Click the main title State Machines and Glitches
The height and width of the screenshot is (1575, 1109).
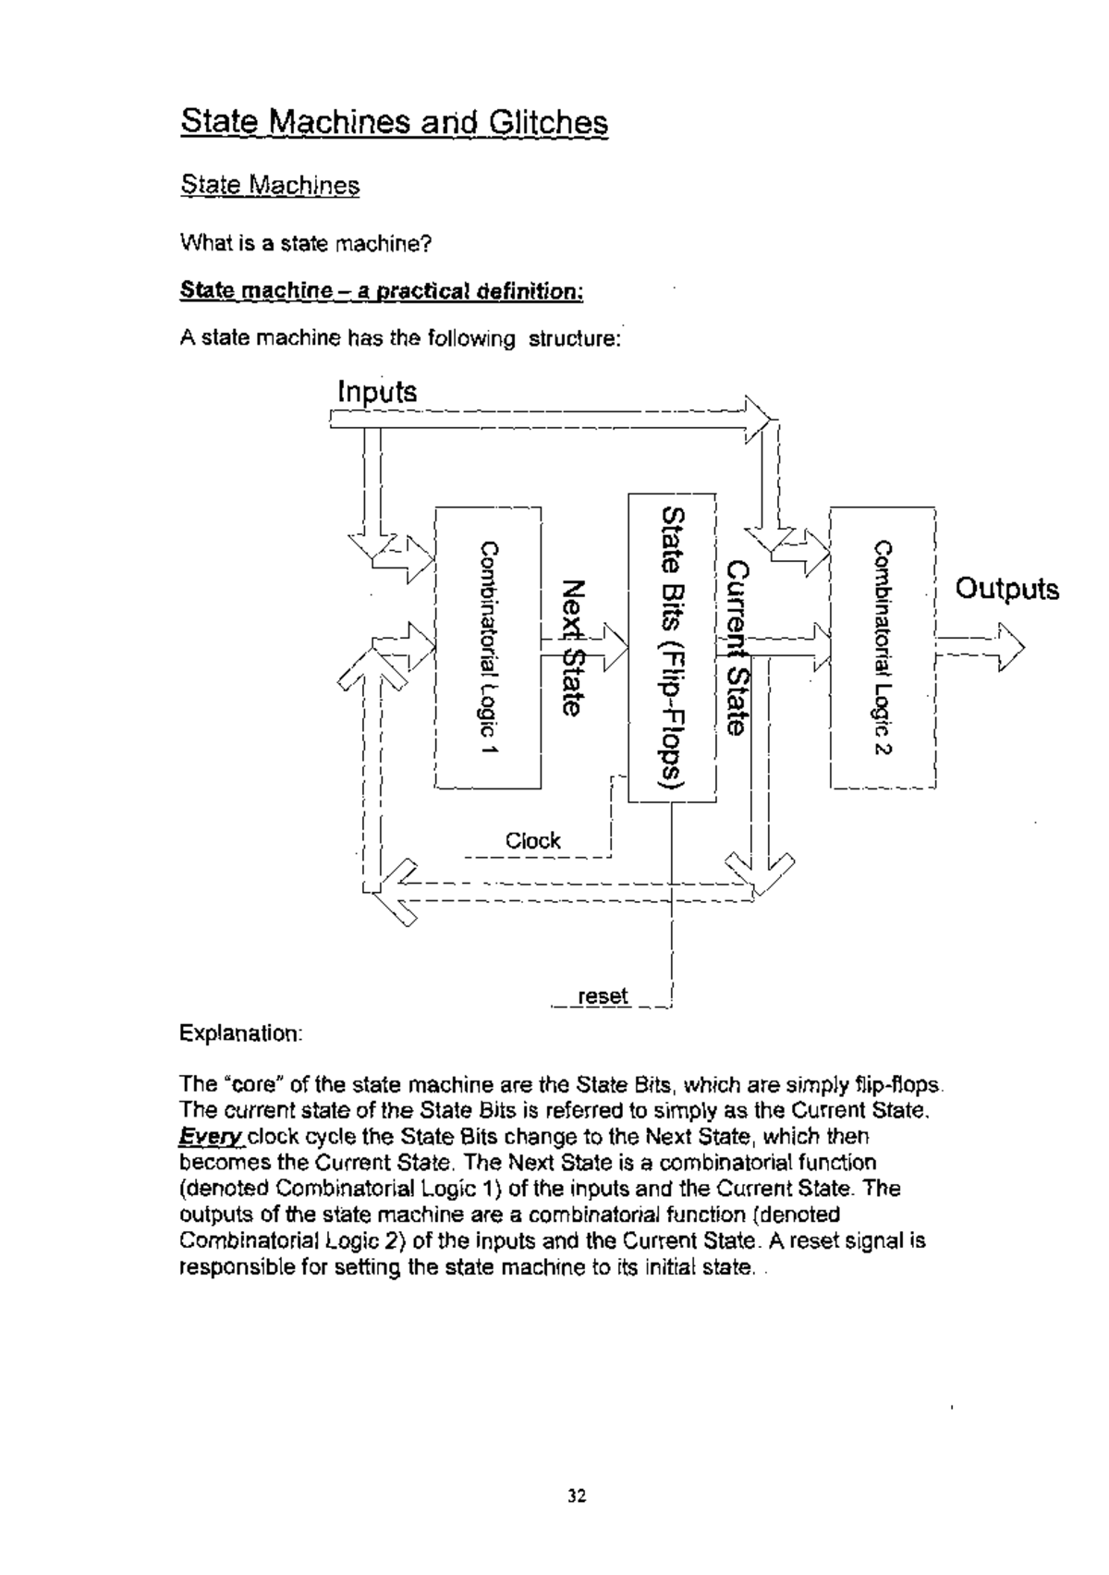coord(394,123)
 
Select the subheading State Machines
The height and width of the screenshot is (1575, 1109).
coord(270,185)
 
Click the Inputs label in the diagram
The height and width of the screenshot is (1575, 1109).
coord(377,392)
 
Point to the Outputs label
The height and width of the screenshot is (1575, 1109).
coord(1006,589)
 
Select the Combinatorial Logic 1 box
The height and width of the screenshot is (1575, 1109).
coord(487,647)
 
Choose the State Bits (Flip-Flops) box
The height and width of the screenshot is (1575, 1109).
coord(672,647)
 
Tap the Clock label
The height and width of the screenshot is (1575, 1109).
coord(532,841)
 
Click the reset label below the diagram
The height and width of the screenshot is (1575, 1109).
coord(602,996)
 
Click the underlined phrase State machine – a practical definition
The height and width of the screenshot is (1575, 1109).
coord(381,292)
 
